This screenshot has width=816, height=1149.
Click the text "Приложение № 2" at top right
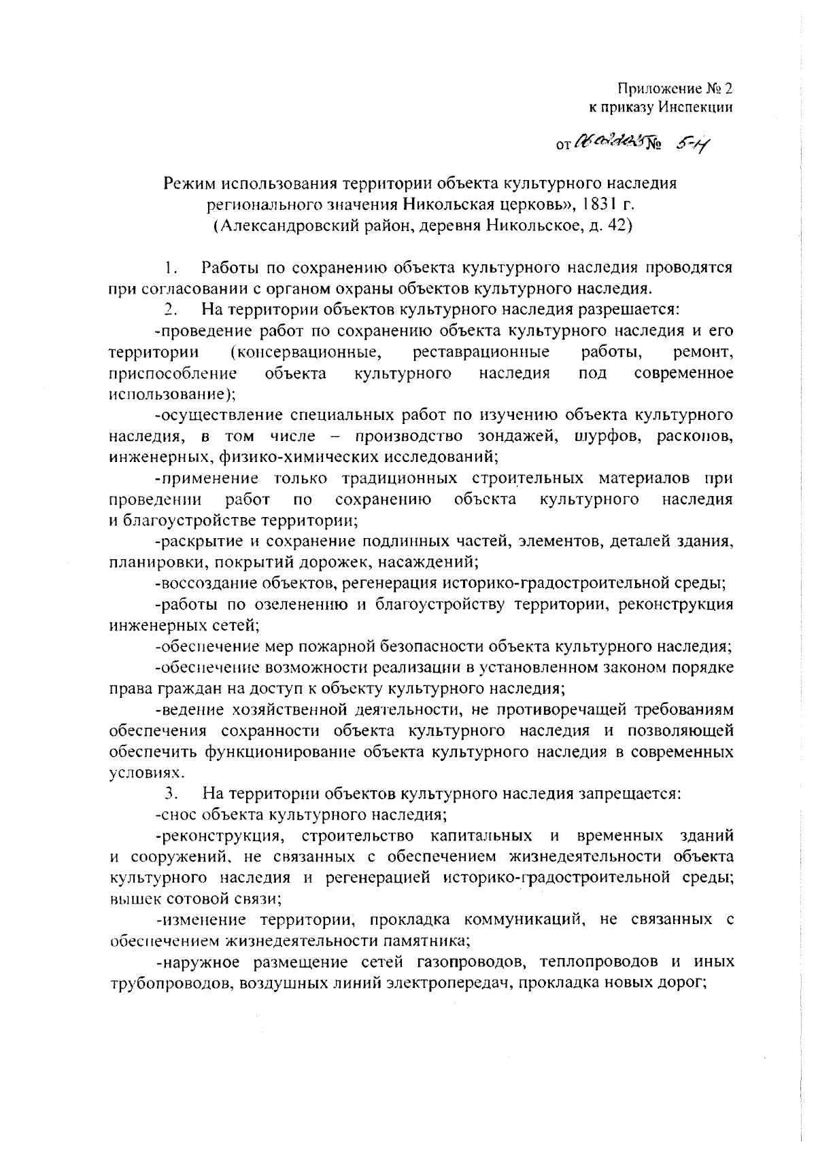pyautogui.click(x=676, y=89)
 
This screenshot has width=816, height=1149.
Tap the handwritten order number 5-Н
pyautogui.click(x=693, y=143)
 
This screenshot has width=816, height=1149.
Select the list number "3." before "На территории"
pyautogui.click(x=171, y=793)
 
